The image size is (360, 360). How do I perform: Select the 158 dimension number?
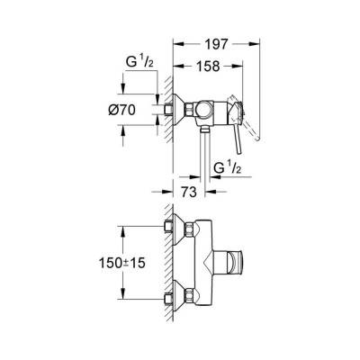210,65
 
